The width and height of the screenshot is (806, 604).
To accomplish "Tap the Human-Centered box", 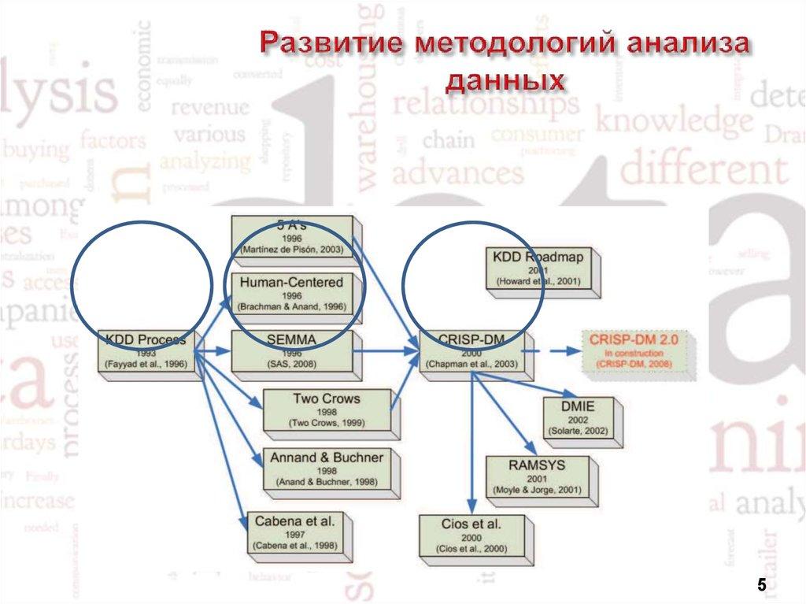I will click(292, 294).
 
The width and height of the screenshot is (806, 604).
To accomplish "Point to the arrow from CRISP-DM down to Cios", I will click(471, 441).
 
